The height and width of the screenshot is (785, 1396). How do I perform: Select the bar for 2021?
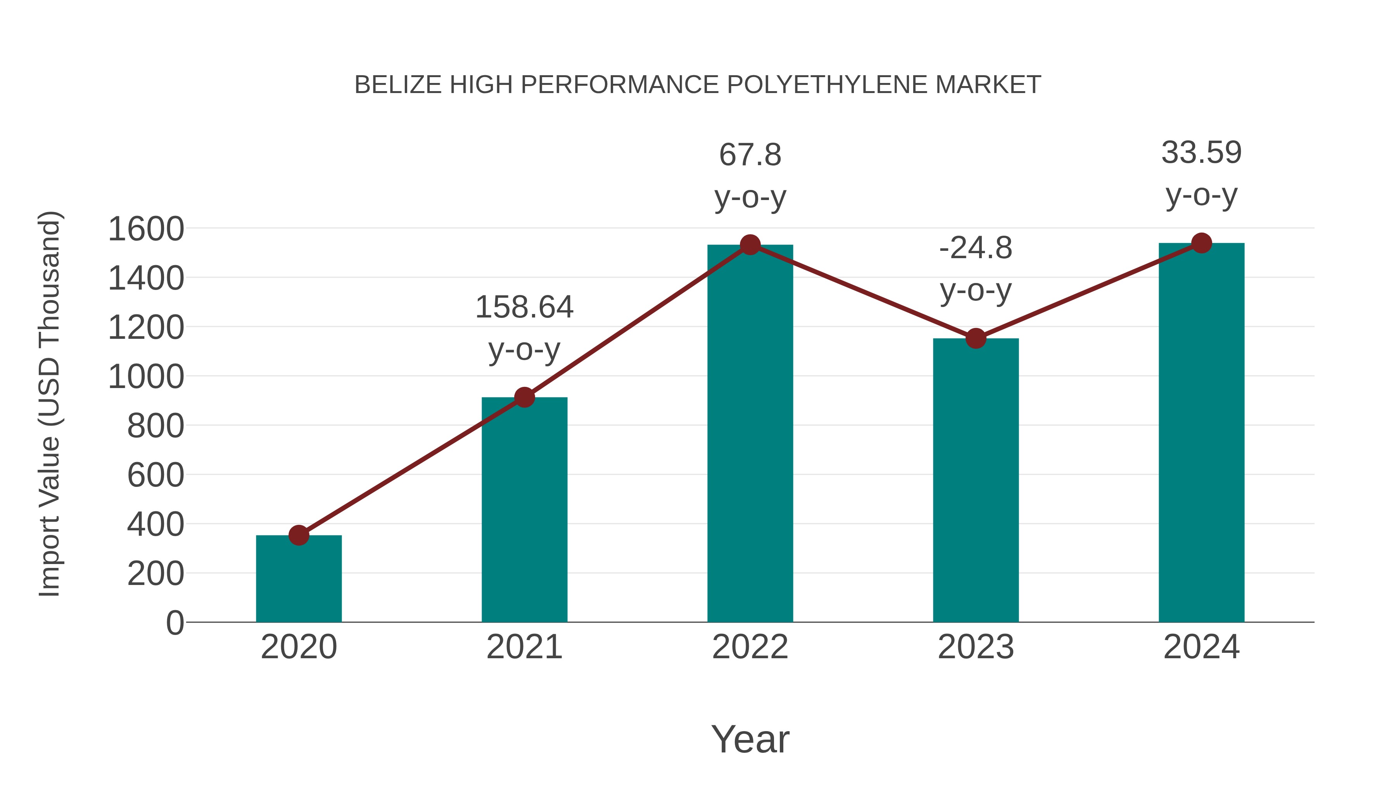pyautogui.click(x=524, y=509)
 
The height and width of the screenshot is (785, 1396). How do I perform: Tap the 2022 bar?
pyautogui.click(x=750, y=433)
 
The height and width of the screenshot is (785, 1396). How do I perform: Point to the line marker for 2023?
pyautogui.click(x=976, y=338)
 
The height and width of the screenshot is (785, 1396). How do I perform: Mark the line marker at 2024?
pyautogui.click(x=1201, y=243)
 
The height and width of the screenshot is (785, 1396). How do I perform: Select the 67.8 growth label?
pyautogui.click(x=750, y=176)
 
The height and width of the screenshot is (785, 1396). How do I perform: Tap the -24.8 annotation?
pyautogui.click(x=976, y=269)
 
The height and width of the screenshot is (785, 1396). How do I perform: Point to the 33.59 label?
pyautogui.click(x=1201, y=173)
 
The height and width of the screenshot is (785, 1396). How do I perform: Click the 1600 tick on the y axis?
pyautogui.click(x=146, y=229)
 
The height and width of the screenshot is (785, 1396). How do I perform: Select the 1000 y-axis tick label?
pyautogui.click(x=146, y=377)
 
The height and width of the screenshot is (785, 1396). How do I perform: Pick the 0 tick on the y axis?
pyautogui.click(x=174, y=623)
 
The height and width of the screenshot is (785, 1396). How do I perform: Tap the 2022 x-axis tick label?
pyautogui.click(x=750, y=647)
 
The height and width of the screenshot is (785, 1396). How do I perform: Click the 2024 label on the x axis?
pyautogui.click(x=1201, y=647)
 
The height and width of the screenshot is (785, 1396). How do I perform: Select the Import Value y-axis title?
pyautogui.click(x=49, y=404)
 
